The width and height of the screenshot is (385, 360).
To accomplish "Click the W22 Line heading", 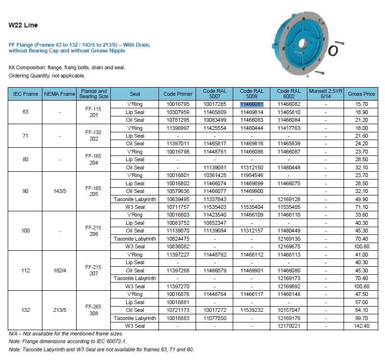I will (x=23, y=25).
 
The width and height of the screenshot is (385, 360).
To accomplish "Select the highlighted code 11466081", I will (x=252, y=104).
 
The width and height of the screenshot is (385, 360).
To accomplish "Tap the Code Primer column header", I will (x=178, y=94).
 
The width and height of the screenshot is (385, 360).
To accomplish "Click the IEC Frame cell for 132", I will (x=26, y=310).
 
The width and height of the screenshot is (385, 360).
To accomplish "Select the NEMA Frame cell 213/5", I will (x=60, y=310).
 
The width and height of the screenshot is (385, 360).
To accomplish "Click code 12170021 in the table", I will (x=289, y=326).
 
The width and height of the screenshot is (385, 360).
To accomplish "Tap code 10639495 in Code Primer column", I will (x=178, y=199).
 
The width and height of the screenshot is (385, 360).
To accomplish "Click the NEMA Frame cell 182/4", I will (x=60, y=270).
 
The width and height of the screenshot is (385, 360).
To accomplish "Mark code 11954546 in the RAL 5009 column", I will (x=252, y=175).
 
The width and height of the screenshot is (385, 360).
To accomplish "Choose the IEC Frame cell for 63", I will (x=26, y=112).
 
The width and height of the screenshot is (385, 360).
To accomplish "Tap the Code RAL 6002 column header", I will (x=289, y=94).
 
